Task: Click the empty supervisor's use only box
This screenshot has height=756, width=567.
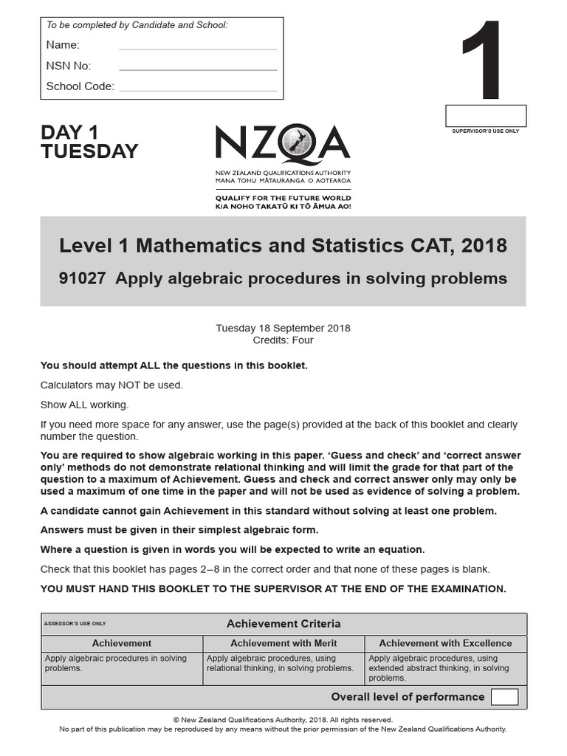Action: point(485,116)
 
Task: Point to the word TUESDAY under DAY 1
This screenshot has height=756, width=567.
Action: point(89,152)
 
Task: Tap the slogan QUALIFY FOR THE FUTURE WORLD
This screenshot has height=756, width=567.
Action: point(283,198)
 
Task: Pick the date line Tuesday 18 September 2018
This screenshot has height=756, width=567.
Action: point(283,328)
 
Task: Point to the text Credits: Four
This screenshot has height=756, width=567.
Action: point(283,340)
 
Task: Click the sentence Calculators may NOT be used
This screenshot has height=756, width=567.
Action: point(111,385)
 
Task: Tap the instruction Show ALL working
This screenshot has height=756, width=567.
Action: point(84,405)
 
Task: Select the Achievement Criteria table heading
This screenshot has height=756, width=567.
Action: point(283,624)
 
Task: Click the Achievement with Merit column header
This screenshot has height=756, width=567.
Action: point(283,643)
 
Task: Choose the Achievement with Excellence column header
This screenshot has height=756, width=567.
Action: point(445,643)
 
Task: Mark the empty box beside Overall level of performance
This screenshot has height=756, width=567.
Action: point(504,697)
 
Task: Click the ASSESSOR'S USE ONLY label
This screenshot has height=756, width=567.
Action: point(75,624)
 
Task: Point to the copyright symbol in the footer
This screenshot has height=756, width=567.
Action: point(176,720)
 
